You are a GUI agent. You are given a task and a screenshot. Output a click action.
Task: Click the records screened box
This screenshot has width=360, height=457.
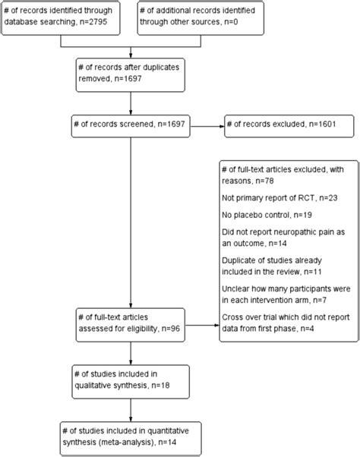pos(131,123)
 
